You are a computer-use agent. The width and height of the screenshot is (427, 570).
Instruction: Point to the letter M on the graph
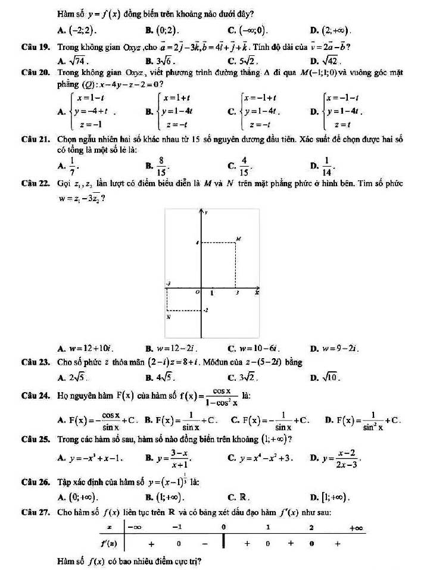pyautogui.click(x=239, y=238)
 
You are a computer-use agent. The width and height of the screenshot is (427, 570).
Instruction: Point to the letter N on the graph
pyautogui.click(x=169, y=317)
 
